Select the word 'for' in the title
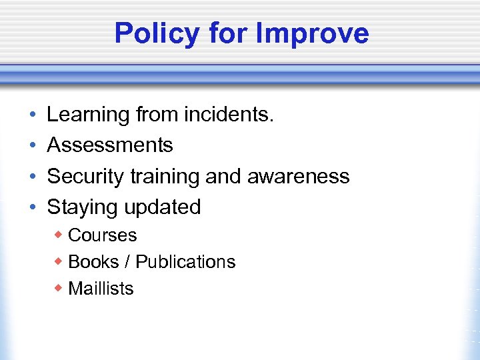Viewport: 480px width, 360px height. [x=228, y=33]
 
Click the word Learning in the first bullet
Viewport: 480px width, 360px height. [x=88, y=115]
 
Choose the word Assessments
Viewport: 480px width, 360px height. [x=110, y=145]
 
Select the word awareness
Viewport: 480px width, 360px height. [x=298, y=176]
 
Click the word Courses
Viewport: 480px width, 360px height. [x=103, y=235]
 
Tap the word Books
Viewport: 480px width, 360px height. [x=93, y=262]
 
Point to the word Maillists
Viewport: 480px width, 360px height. [x=101, y=289]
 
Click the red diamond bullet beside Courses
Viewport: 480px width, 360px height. [x=59, y=235]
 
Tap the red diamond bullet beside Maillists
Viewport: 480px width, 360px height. [x=59, y=288]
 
